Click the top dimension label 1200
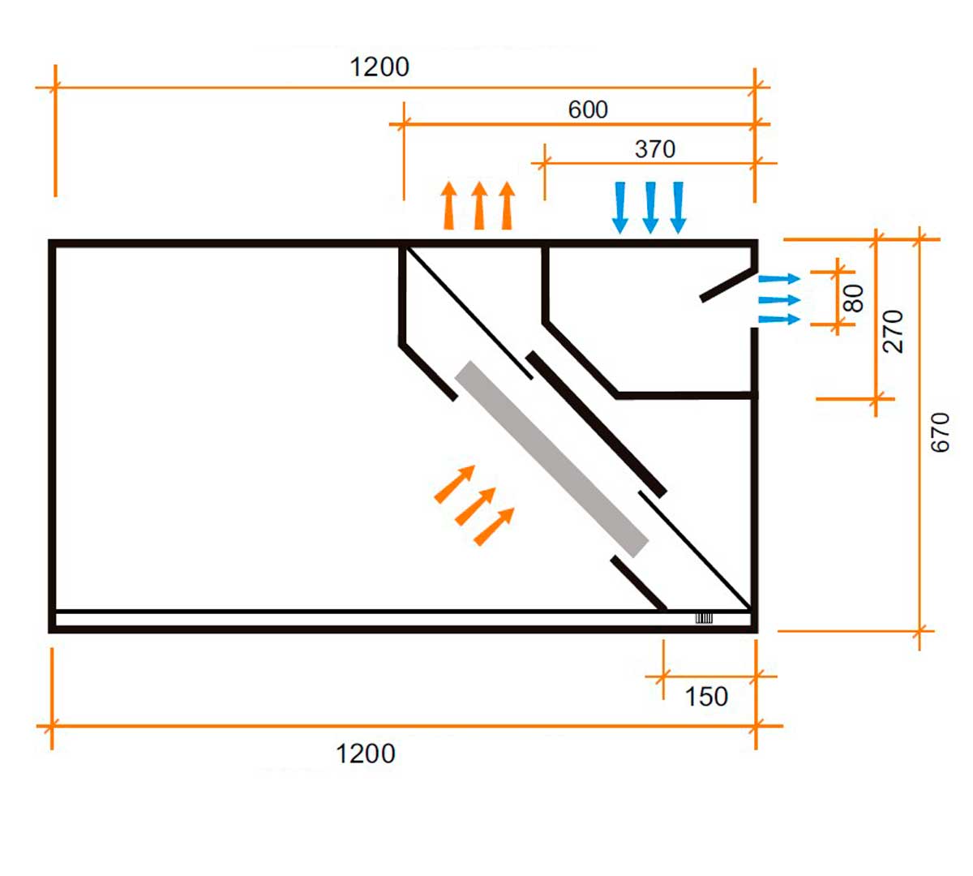tap(379, 67)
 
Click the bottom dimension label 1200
tap(366, 754)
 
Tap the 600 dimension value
tap(588, 109)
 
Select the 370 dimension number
tap(655, 149)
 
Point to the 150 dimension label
tap(706, 697)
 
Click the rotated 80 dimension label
tap(854, 298)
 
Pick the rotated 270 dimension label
tap(893, 331)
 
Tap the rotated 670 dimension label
tap(940, 432)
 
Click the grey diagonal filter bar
tap(552, 459)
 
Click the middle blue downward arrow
tap(650, 208)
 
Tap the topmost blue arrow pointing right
tap(779, 279)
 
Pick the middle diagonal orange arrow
tap(475, 506)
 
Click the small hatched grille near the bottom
tap(704, 619)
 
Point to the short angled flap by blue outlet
tap(727, 285)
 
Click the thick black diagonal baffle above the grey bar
tap(597, 423)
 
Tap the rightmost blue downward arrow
tap(679, 208)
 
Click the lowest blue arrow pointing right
tap(779, 319)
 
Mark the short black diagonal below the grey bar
tap(638, 582)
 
